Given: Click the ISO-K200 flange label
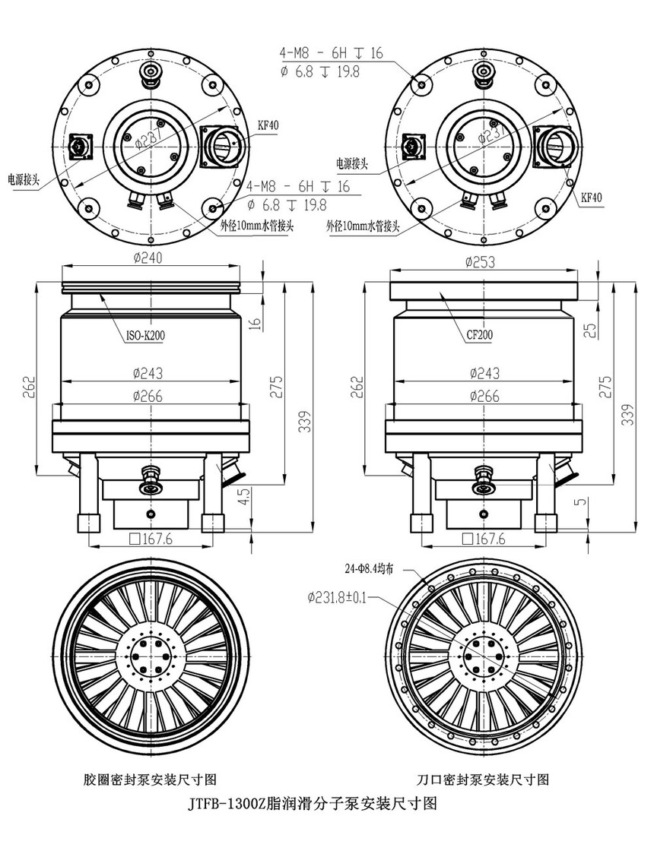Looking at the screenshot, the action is pos(141,335).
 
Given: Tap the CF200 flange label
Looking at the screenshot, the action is pos(479,334).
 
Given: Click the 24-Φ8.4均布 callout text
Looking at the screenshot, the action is pos(369,568).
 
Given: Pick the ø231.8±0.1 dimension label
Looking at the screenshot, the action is pos(335,597).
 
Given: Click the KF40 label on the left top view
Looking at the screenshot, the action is pos(268,126).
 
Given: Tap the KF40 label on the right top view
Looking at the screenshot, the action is pos(592,198).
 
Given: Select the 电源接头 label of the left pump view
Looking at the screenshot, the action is pos(24,179).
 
